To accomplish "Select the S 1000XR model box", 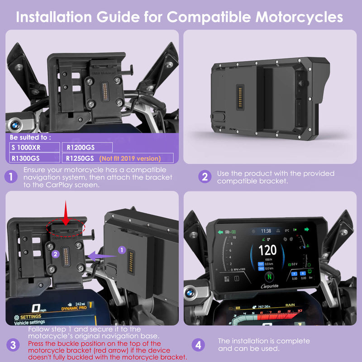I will (34, 147).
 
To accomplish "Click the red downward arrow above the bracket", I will (66, 213).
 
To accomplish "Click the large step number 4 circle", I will (198, 345).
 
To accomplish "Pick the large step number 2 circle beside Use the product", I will (205, 177).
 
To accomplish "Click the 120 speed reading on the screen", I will (267, 250).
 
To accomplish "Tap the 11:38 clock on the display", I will (267, 231).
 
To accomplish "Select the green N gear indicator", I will (270, 276).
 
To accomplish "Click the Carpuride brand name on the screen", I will (271, 287).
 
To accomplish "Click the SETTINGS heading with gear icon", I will (28, 318).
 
